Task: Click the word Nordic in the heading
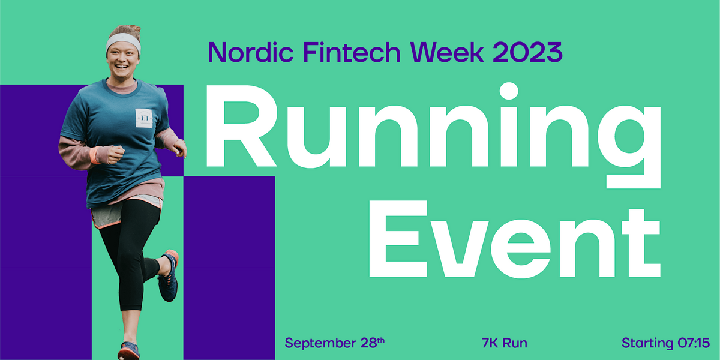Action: [x=251, y=52]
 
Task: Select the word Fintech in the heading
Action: [x=352, y=52]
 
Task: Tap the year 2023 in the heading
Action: [x=528, y=52]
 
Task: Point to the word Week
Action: [x=447, y=52]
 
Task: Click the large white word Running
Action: [x=433, y=135]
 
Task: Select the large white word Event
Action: [x=515, y=239]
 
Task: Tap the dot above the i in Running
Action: [x=509, y=91]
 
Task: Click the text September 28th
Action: [x=335, y=343]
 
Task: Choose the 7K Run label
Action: [x=505, y=343]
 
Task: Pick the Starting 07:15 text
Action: [x=665, y=343]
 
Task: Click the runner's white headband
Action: [x=124, y=43]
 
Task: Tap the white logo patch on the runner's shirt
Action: [x=143, y=118]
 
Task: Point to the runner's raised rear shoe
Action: [x=169, y=275]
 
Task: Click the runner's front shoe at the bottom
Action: [x=129, y=351]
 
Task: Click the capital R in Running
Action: [x=241, y=126]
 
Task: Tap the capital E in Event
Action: [x=398, y=239]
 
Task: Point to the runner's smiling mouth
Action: [x=121, y=67]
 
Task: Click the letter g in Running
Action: [x=629, y=146]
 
